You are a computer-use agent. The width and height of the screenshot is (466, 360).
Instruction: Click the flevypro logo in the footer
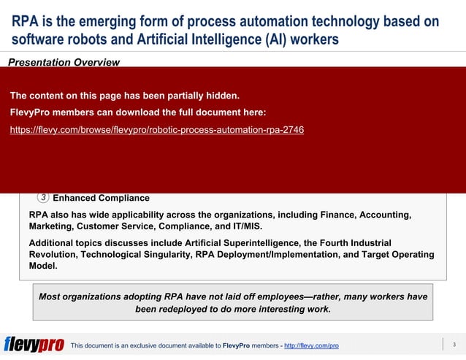[x=34, y=345]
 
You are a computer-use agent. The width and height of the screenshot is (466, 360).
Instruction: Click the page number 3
[x=454, y=345]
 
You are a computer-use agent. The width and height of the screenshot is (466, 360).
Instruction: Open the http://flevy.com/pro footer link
[x=311, y=345]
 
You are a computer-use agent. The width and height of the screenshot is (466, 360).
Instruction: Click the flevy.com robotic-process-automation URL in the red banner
[x=156, y=130]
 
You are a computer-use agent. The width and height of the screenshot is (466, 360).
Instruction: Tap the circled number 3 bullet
[x=43, y=197]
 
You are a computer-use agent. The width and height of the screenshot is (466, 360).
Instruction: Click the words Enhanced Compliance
[x=102, y=198]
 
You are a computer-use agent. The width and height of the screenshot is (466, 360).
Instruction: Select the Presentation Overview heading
[x=64, y=63]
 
